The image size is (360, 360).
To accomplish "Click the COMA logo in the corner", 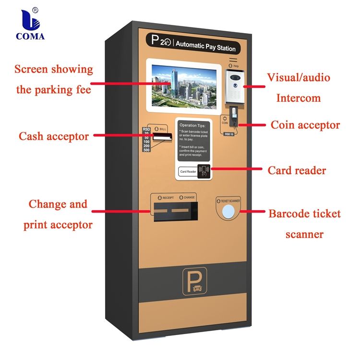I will pyautogui.click(x=30, y=24).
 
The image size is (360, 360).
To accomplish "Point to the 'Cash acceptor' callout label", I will pyautogui.click(x=54, y=136).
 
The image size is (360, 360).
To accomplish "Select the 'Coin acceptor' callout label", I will pyautogui.click(x=305, y=125).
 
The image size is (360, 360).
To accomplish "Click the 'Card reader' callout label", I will pyautogui.click(x=297, y=170).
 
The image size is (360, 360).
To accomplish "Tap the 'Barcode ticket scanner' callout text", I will pyautogui.click(x=304, y=224).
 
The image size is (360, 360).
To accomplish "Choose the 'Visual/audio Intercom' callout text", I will pyautogui.click(x=299, y=87).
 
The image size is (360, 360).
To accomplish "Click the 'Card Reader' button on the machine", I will pyautogui.click(x=188, y=171).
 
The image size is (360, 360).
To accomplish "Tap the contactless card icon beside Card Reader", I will pyautogui.click(x=204, y=171).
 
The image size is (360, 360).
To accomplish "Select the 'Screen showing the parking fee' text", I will pyautogui.click(x=53, y=79).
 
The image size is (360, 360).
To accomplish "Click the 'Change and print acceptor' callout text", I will pyautogui.click(x=58, y=214).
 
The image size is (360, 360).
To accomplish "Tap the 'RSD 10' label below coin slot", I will pyautogui.click(x=229, y=133).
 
